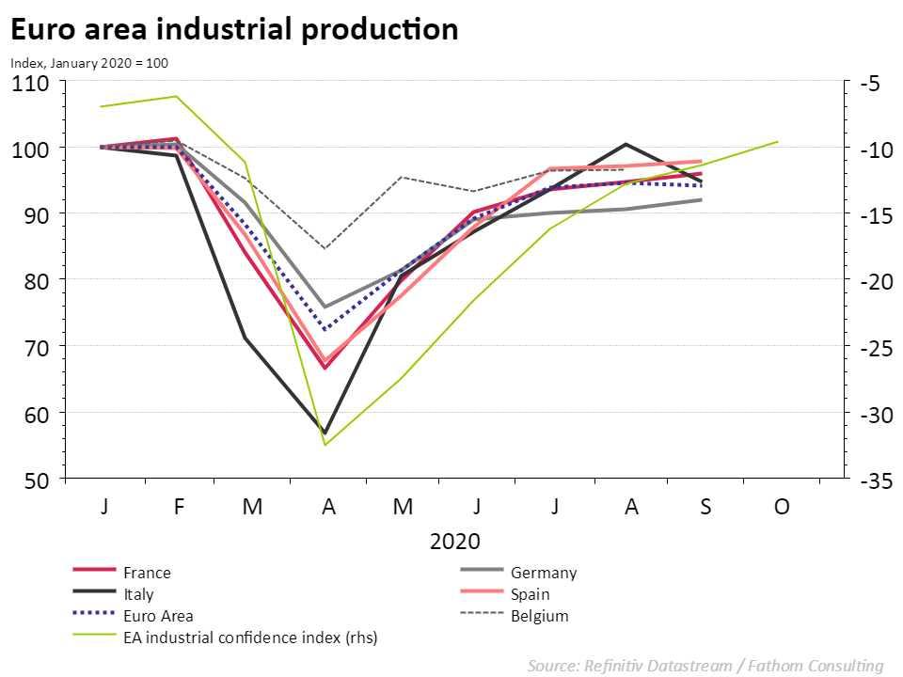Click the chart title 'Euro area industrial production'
pos(234,29)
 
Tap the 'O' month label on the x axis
pos(782,507)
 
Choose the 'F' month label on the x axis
pos(178,507)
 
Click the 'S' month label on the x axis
pos(706,507)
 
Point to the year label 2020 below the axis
pos(455,542)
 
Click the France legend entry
pos(147,573)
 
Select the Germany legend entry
pos(544,573)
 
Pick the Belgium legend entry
pos(539,616)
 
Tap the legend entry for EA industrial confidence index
pos(249,638)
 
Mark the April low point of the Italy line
pos(325,433)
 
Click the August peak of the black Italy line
pos(626,144)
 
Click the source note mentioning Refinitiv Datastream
pos(705,666)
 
